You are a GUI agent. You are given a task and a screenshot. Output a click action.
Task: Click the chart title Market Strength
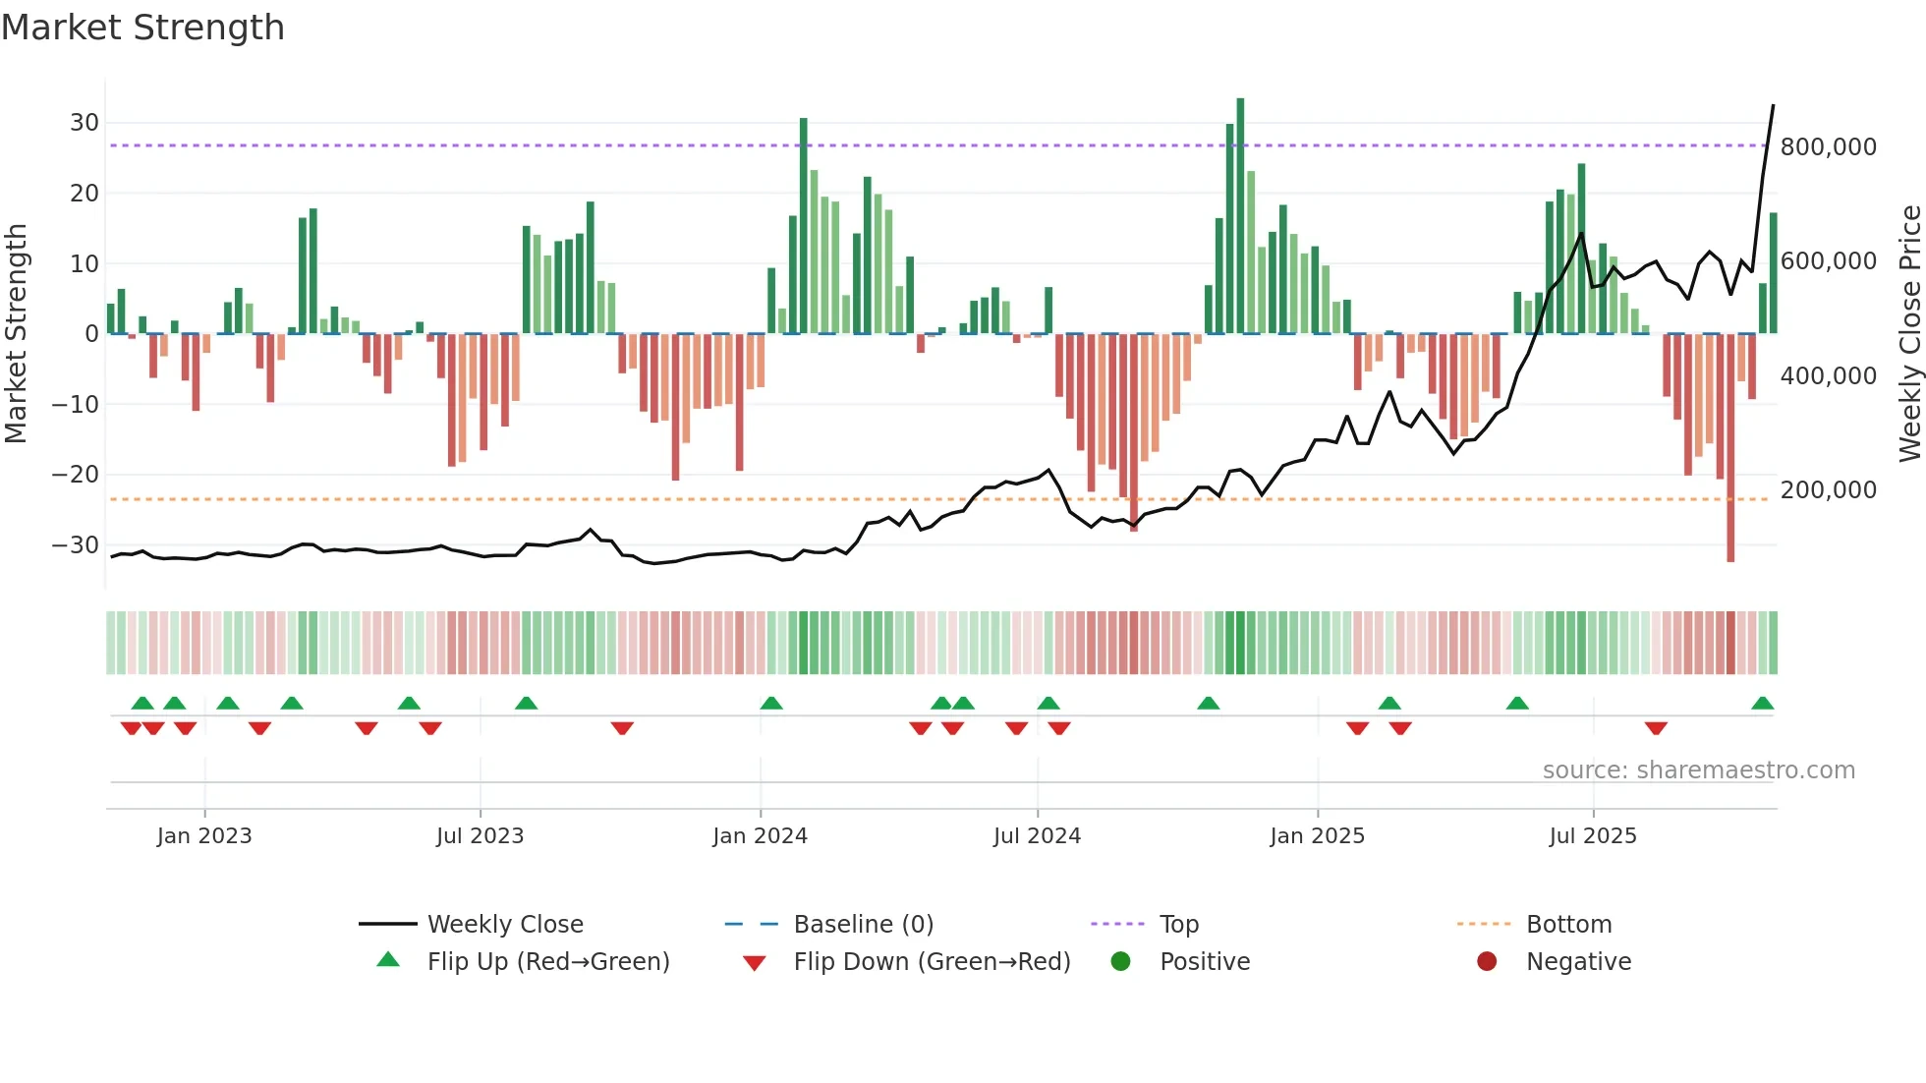(x=142, y=28)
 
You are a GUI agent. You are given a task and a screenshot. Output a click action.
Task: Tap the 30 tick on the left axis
(x=85, y=123)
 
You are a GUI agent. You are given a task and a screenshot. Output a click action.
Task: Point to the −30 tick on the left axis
(x=77, y=544)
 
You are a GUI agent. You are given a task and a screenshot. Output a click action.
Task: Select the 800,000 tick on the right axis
(x=1828, y=147)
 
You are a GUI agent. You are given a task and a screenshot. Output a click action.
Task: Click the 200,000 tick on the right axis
(x=1828, y=489)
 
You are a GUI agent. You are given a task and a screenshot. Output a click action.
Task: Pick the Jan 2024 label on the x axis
(x=760, y=836)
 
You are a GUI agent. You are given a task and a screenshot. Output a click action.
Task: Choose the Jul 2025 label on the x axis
(x=1593, y=836)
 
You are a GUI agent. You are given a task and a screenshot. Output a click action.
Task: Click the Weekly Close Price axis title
(x=1909, y=334)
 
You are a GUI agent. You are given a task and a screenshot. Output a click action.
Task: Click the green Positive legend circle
(x=1120, y=961)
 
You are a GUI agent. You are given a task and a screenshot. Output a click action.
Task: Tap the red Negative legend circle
(x=1487, y=961)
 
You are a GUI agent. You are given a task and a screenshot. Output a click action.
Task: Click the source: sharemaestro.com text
(x=1698, y=770)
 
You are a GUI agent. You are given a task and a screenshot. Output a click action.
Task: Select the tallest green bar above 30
(x=1240, y=216)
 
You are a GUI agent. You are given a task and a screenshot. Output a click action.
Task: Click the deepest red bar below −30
(x=1730, y=447)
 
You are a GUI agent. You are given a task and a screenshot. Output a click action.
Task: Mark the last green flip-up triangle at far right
(x=1762, y=703)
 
